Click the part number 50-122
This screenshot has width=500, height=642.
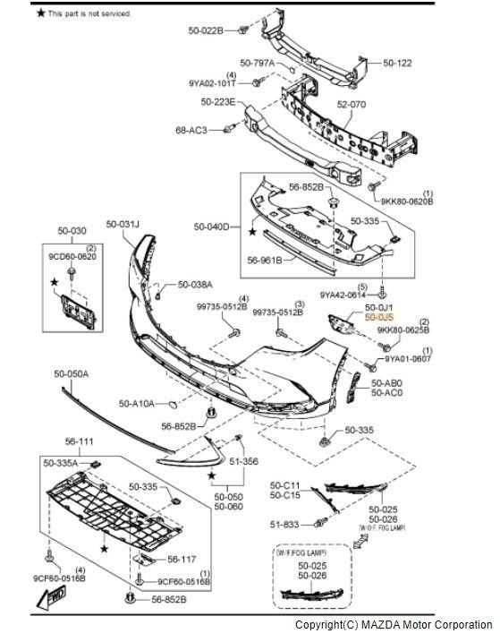point(398,64)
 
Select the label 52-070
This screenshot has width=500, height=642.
point(352,105)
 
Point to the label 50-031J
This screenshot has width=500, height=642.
point(123,224)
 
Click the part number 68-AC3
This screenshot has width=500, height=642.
point(191,130)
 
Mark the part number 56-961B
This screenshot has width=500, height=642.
point(265,260)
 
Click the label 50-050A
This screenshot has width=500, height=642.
point(72,374)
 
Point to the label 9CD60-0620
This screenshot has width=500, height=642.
point(74,255)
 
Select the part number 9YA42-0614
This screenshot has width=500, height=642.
point(343,294)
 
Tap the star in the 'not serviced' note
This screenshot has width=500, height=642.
point(39,13)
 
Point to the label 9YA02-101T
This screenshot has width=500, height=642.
point(213,83)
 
